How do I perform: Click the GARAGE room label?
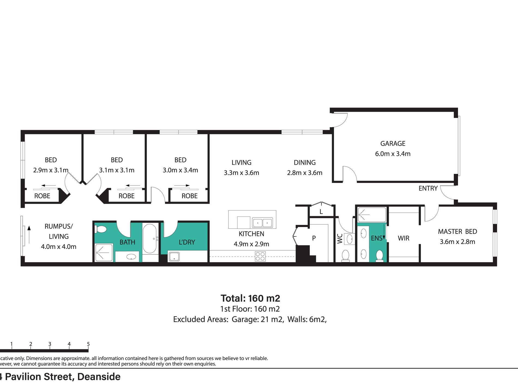393,144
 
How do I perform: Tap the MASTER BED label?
457,231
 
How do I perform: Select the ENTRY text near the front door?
428,188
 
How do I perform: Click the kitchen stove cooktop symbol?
260,257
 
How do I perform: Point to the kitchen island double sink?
262,223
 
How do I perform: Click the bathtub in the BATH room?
150,239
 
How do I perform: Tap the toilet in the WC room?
345,256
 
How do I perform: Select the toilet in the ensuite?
380,256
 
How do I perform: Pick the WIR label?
403,238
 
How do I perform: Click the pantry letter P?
314,238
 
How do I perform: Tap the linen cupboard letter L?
321,212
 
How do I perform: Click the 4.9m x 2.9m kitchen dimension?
251,244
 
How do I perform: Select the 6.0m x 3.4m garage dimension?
393,154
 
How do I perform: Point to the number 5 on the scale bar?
88,344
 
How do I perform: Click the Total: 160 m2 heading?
250,298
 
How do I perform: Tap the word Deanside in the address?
99,377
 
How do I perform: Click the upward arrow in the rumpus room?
29,235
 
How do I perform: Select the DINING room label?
305,163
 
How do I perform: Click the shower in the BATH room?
104,253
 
